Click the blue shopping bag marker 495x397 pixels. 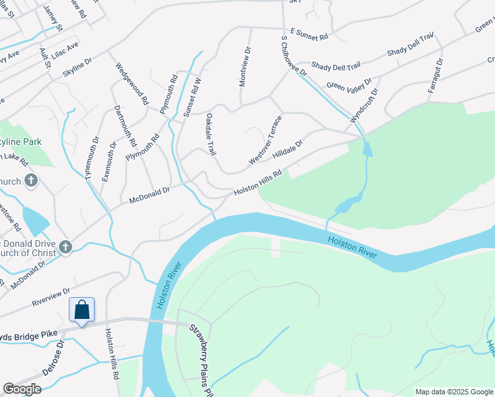tap(81, 310)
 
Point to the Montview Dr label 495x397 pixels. tap(244, 66)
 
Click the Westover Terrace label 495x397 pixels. tap(265, 140)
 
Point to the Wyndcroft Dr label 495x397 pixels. tap(365, 105)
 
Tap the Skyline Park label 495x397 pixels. tap(21, 142)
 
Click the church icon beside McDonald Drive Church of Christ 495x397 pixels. tap(65, 247)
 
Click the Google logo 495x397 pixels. tap(22, 389)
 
